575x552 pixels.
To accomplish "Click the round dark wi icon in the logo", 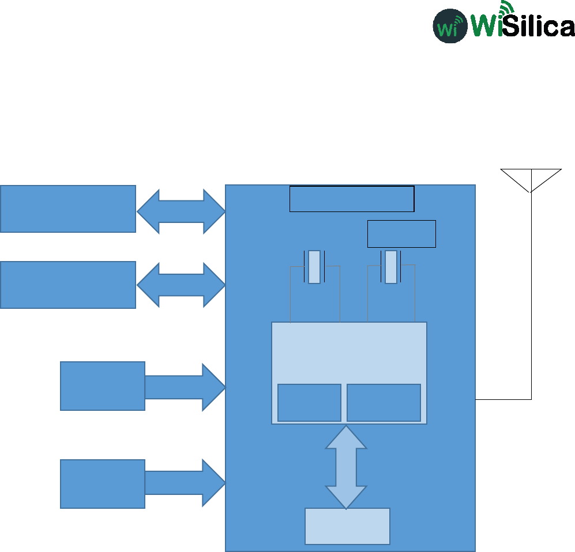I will coord(450,25).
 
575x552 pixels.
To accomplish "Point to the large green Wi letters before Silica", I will coord(486,25).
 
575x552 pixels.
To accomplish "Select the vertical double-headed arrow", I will coord(346,467).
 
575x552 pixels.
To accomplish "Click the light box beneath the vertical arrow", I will coord(347,526).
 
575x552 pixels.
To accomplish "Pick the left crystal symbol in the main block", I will coord(314,267).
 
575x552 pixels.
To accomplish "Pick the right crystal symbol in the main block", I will coord(391,267).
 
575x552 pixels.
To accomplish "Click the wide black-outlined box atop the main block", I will coord(352,199).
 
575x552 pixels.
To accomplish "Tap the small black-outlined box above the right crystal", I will coord(401,233).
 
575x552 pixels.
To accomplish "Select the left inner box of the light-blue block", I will coord(309,403).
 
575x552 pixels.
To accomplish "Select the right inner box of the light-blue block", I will coord(384,403).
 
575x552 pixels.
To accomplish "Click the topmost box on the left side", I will coord(67,209).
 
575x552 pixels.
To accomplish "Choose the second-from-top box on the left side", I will coord(67,285).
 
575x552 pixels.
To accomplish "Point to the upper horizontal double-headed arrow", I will coord(181,211).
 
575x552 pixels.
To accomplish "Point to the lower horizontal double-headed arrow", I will coord(181,285).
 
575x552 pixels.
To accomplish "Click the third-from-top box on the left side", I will coord(102,386).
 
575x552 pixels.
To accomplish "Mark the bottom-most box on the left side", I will coord(102,484).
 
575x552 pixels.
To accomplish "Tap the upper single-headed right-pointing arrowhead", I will coord(212,387).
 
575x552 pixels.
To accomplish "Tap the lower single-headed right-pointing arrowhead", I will coord(212,483).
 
